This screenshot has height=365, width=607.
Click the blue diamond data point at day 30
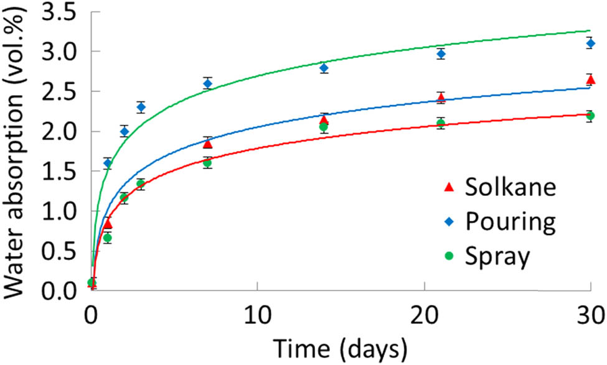click(x=590, y=43)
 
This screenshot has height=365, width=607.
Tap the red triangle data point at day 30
click(x=590, y=80)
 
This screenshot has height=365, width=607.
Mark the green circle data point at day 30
click(x=590, y=116)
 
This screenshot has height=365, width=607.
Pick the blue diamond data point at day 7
click(x=207, y=83)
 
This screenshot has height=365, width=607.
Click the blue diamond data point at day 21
click(x=441, y=53)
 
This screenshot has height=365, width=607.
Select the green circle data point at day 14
click(x=324, y=127)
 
